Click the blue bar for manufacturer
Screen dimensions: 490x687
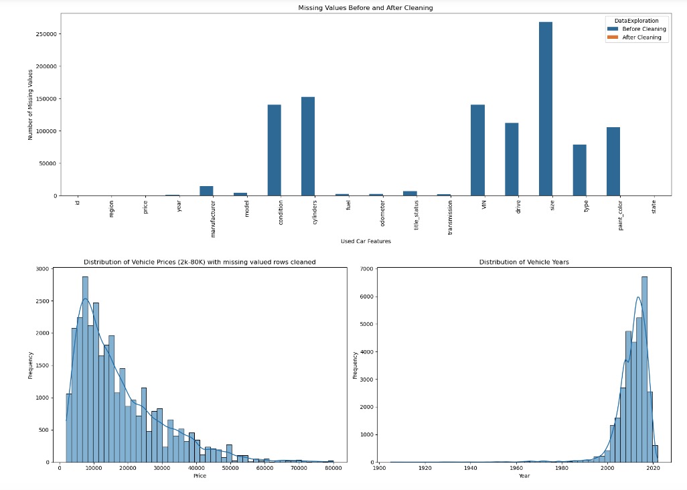point(206,191)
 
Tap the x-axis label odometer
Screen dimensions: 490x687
point(382,214)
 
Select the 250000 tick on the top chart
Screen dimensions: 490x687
point(45,34)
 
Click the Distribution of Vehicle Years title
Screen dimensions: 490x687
point(524,262)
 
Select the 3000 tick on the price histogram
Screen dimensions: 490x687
point(43,269)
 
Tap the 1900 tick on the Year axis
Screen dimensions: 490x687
point(379,469)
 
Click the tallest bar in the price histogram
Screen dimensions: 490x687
point(85,369)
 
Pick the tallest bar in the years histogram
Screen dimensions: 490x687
point(644,369)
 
